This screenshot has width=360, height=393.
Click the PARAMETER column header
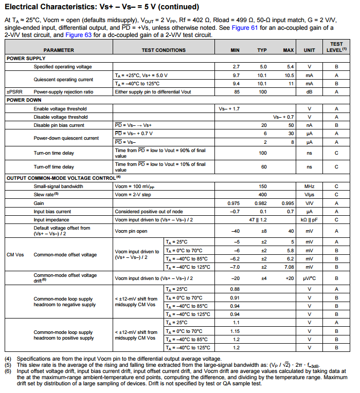coord(59,50)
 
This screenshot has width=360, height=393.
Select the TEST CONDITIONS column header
coord(164,50)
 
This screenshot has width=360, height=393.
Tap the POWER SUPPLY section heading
coord(26,59)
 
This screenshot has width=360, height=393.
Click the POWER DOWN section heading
coord(24,100)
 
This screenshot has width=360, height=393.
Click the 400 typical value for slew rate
coord(262,195)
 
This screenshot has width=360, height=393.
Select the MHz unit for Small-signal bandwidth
coord(309,186)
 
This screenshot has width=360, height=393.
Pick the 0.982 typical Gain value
coord(262,203)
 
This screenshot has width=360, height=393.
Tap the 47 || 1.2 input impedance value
coord(262,219)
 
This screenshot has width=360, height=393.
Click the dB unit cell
coord(309,92)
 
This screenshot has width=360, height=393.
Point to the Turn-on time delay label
coord(54,153)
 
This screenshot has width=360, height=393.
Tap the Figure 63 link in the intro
coord(80,34)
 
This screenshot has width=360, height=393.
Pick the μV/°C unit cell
coord(309,278)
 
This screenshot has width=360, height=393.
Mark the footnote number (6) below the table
coord(8,370)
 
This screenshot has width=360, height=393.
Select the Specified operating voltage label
coord(63,67)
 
